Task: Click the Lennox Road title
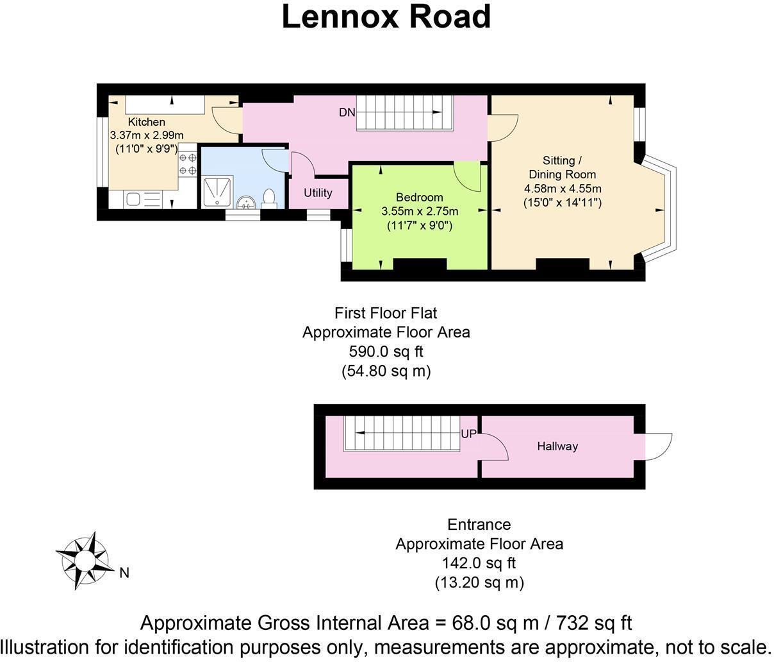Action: click(x=386, y=17)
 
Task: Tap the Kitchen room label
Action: click(x=147, y=122)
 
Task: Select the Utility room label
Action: click(x=318, y=192)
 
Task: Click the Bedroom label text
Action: click(x=420, y=197)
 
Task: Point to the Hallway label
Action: click(x=557, y=446)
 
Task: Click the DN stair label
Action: click(x=347, y=112)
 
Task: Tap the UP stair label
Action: click(x=468, y=434)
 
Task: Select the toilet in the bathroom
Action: click(x=269, y=199)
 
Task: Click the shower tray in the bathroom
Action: click(x=218, y=192)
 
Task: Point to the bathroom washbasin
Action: click(x=246, y=203)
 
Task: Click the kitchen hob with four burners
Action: click(x=188, y=164)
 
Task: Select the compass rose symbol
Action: click(x=85, y=560)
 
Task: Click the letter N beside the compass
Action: click(x=124, y=573)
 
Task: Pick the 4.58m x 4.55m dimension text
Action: click(x=563, y=189)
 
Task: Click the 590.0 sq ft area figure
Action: click(x=386, y=352)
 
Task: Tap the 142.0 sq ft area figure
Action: click(x=479, y=563)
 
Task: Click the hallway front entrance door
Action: click(x=658, y=446)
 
